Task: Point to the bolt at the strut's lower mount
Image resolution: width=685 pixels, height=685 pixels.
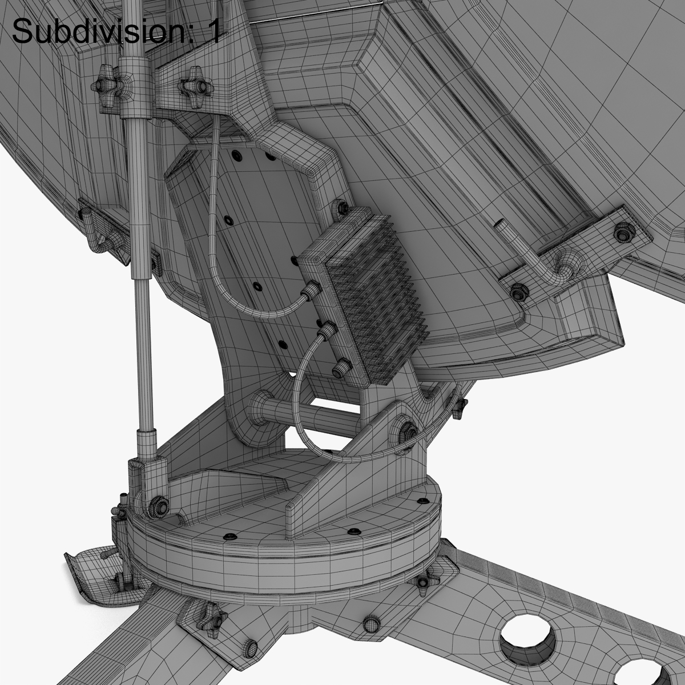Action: point(158,506)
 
